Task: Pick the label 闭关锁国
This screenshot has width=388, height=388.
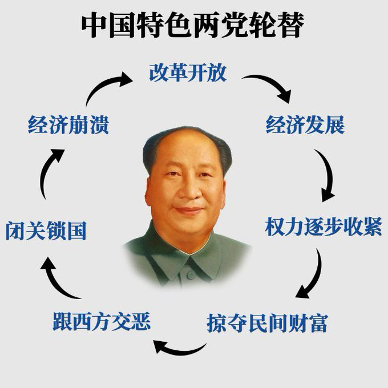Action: pos(46,231)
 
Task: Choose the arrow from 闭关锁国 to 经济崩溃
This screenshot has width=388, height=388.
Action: pos(50,171)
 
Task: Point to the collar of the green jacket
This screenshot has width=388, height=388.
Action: pos(188,260)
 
